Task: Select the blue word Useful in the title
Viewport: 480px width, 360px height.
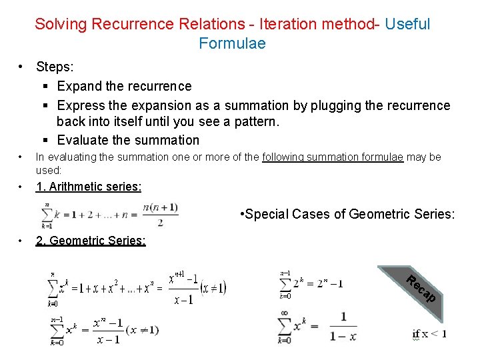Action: coord(407,24)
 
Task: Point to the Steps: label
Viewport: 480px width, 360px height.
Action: coord(57,67)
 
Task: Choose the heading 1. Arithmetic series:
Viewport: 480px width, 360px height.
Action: coord(88,187)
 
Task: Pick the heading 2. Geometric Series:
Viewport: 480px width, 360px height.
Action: coord(91,241)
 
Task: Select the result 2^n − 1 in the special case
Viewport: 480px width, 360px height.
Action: coord(324,283)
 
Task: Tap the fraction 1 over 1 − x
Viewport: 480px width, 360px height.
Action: coord(343,326)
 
